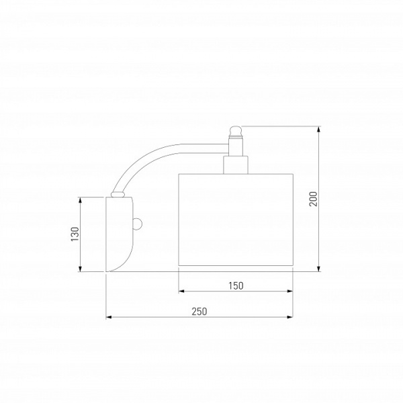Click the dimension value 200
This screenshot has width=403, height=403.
coord(313,199)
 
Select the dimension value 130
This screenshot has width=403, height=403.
coord(75,234)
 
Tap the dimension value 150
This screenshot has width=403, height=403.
coord(236,285)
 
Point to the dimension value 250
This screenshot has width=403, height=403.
coord(199,312)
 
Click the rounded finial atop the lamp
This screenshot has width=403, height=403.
coord(236,131)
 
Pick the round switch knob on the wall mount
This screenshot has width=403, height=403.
coord(138,224)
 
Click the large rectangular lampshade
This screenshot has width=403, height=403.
coord(236,220)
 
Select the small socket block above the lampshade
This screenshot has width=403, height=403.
coord(236,165)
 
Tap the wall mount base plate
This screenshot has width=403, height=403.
coord(120,234)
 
